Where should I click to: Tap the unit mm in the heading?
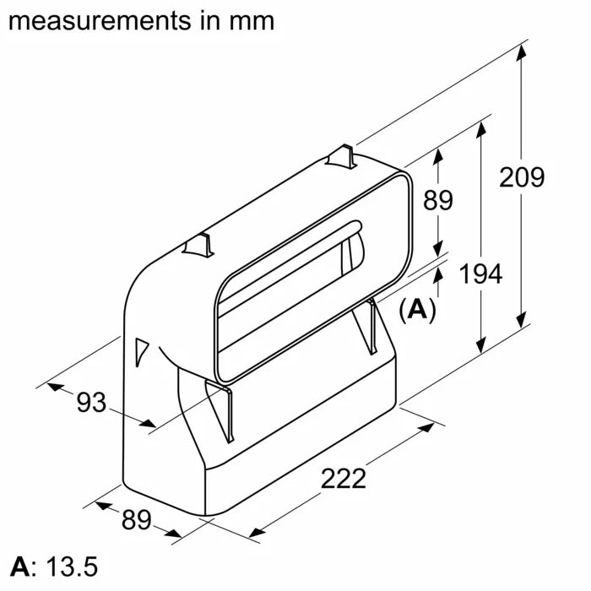[251, 19]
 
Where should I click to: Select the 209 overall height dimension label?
[522, 177]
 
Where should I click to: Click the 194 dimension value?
[480, 274]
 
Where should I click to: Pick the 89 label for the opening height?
[437, 201]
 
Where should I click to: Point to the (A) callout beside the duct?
[417, 310]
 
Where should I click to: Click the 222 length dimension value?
[344, 479]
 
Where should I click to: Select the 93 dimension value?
[92, 404]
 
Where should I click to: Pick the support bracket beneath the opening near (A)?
[372, 325]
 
